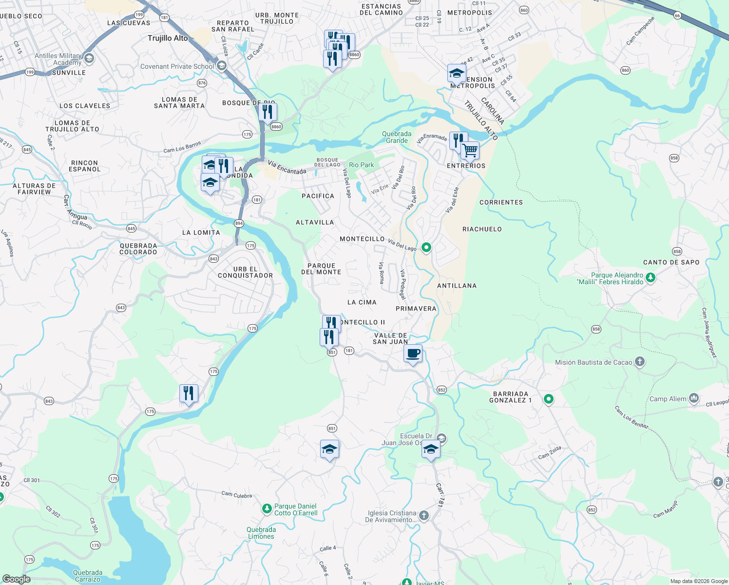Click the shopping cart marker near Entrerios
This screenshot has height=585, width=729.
470,151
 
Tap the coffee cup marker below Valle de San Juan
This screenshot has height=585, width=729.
413,353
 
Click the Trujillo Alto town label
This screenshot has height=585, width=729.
168,38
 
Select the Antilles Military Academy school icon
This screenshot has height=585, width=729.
89,58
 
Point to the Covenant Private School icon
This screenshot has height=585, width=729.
222,66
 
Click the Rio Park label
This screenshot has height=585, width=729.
361,165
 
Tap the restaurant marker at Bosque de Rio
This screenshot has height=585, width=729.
268,112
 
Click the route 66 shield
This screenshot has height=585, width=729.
677,16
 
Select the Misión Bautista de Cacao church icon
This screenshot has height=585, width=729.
640,362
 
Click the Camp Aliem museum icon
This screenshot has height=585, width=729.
694,398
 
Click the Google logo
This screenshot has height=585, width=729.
16,579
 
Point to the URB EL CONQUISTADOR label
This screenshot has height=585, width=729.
245,272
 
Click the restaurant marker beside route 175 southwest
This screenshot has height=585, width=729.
189,393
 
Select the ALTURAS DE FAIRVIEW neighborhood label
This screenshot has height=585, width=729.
34,189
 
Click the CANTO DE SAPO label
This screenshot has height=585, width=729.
671,262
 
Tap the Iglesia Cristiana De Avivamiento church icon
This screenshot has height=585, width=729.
424,515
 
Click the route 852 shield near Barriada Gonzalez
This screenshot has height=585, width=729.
441,390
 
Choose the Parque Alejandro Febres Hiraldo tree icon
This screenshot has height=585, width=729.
651,278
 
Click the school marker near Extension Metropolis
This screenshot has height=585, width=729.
457,74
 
